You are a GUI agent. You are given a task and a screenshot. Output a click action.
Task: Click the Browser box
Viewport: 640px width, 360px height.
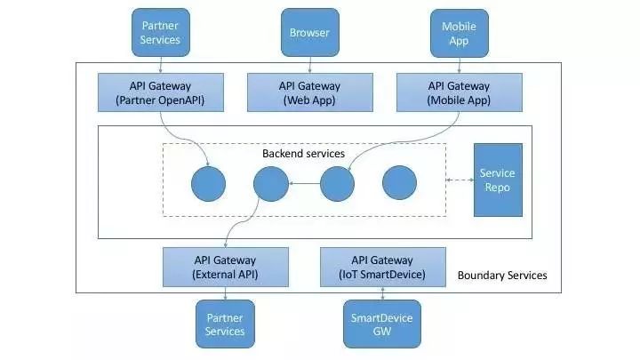click(309, 33)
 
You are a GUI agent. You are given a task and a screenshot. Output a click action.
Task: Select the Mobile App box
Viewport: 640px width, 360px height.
click(459, 33)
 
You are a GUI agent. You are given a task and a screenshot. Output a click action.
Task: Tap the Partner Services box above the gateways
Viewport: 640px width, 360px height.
click(160, 33)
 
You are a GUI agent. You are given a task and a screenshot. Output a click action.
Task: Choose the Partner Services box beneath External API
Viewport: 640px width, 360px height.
click(225, 324)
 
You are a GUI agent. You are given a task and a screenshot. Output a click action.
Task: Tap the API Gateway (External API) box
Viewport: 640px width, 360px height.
click(226, 268)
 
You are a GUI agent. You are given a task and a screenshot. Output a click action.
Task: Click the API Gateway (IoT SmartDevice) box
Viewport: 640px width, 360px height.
click(382, 268)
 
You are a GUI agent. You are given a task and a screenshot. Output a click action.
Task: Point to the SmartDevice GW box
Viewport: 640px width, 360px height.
click(382, 324)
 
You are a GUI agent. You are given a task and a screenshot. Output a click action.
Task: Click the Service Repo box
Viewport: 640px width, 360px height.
click(497, 180)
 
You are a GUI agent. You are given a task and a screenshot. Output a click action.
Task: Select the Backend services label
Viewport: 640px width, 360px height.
click(303, 154)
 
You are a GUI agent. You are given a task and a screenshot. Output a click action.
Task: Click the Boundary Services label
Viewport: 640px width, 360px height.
click(501, 276)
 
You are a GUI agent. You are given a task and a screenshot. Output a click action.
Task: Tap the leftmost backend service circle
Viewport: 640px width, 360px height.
click(208, 184)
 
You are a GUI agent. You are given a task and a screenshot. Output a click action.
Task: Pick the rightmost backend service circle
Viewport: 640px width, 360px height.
click(399, 184)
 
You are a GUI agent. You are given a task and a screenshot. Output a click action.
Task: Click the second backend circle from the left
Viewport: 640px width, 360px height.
click(270, 184)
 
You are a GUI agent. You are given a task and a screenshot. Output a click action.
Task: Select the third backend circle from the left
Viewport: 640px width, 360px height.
click(337, 184)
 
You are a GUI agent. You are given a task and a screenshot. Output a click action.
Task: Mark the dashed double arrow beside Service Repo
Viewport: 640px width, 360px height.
click(459, 180)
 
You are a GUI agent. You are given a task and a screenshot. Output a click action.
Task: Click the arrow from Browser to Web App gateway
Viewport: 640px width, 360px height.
click(309, 63)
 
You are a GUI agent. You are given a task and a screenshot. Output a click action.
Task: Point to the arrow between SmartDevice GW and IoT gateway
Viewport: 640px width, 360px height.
click(382, 294)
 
